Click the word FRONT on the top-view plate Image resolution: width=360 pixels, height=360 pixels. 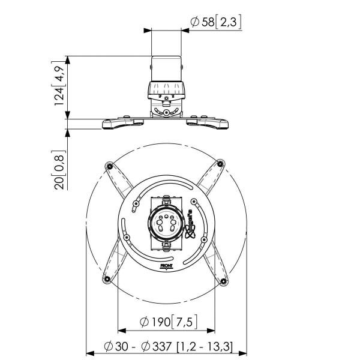[x=166, y=263]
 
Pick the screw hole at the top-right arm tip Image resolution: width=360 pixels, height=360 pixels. [x=221, y=163]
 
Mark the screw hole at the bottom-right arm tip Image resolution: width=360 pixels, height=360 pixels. [x=223, y=281]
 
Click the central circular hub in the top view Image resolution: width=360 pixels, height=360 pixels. [x=166, y=224]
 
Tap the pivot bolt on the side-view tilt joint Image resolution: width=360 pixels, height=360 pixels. [x=166, y=112]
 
